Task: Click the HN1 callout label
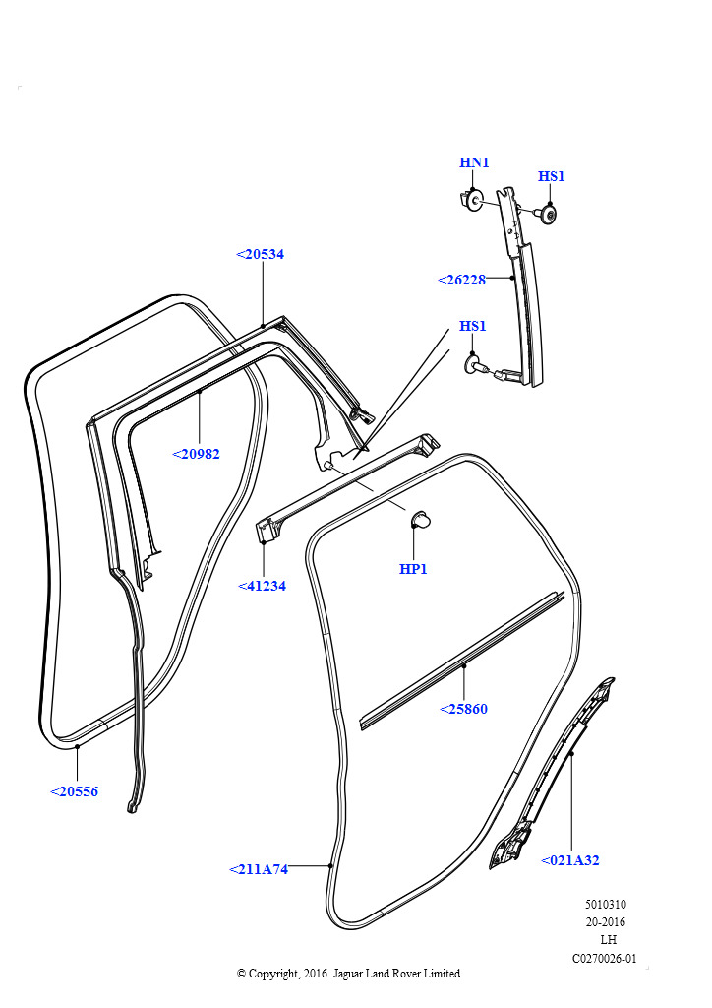pyautogui.click(x=473, y=162)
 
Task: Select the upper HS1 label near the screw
pyautogui.click(x=552, y=176)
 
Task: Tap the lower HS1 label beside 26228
pyautogui.click(x=473, y=326)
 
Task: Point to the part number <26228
pyautogui.click(x=461, y=280)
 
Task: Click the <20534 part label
pyautogui.click(x=261, y=254)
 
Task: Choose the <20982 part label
pyautogui.click(x=196, y=454)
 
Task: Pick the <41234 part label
pyautogui.click(x=262, y=586)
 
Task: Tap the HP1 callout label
pyautogui.click(x=413, y=569)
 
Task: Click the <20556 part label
pyautogui.click(x=74, y=791)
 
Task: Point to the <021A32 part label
pyautogui.click(x=569, y=860)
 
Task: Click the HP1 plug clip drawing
pyautogui.click(x=420, y=518)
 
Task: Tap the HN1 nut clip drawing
pyautogui.click(x=471, y=201)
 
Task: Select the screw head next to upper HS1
pyautogui.click(x=548, y=215)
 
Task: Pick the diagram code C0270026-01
pyautogui.click(x=604, y=958)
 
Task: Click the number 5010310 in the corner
pyautogui.click(x=605, y=905)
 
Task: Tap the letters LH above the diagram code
pyautogui.click(x=608, y=940)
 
